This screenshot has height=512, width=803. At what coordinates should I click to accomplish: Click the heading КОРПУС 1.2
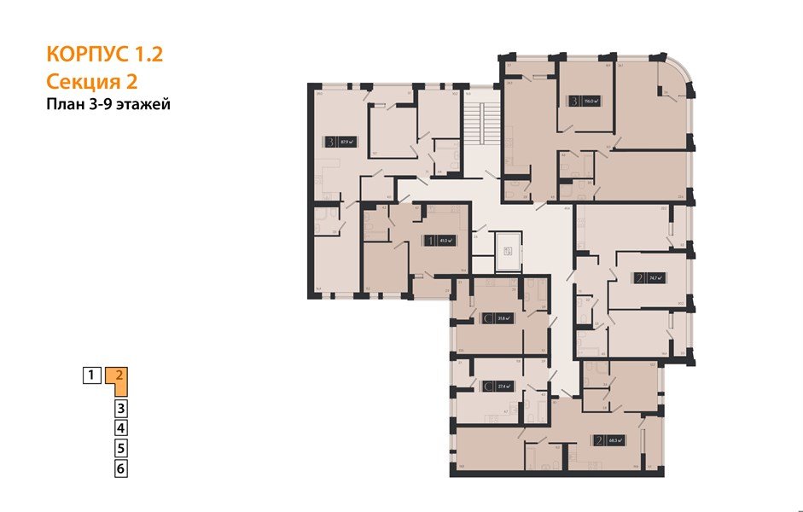pyautogui.click(x=105, y=55)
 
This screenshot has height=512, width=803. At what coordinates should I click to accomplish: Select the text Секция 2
pyautogui.click(x=92, y=82)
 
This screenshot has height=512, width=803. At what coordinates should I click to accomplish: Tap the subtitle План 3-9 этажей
pyautogui.click(x=109, y=105)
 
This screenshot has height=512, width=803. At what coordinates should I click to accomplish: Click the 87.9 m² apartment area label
pyautogui.click(x=346, y=143)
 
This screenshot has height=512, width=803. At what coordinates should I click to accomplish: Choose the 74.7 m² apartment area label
pyautogui.click(x=655, y=277)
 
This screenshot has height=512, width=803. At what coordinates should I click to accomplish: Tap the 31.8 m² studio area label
pyautogui.click(x=505, y=318)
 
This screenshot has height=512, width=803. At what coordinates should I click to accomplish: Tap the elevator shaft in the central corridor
pyautogui.click(x=505, y=249)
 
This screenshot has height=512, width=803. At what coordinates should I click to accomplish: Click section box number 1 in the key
pyautogui.click(x=90, y=374)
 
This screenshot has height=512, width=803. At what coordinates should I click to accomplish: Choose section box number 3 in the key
pyautogui.click(x=121, y=408)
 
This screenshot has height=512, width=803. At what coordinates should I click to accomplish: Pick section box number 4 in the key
pyautogui.click(x=121, y=428)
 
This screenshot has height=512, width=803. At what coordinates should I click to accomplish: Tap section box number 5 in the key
pyautogui.click(x=121, y=448)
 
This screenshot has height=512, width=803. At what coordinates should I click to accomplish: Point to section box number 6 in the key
pyautogui.click(x=121, y=468)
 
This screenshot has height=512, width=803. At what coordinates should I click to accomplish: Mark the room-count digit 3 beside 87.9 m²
pyautogui.click(x=329, y=143)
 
